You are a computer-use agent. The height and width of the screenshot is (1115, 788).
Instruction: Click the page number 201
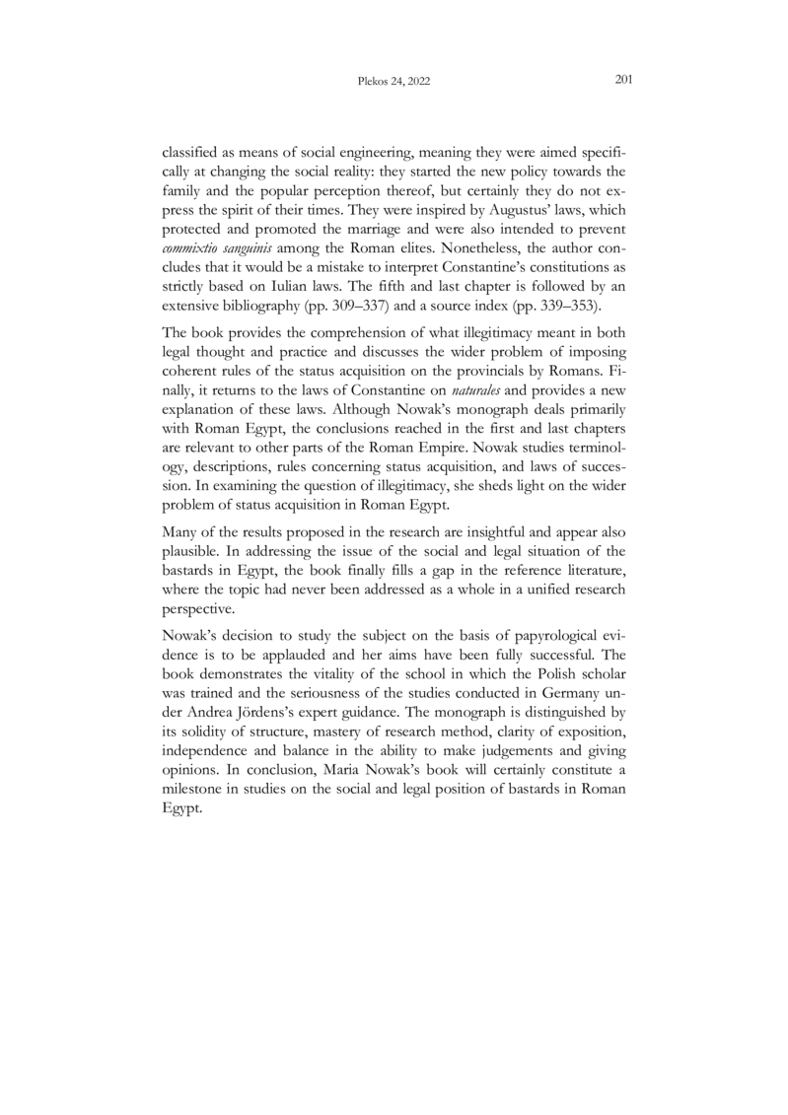(622, 81)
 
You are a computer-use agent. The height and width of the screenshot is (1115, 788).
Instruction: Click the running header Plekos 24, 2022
(394, 83)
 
